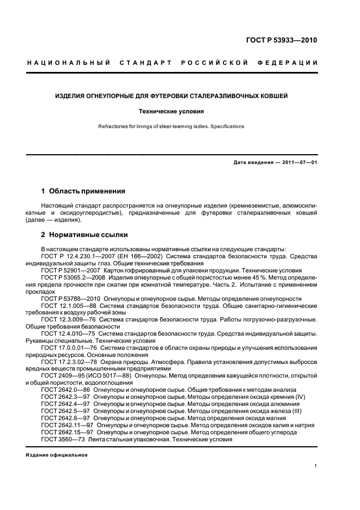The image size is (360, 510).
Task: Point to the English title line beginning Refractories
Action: point(172,126)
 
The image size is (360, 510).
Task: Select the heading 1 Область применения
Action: point(83,191)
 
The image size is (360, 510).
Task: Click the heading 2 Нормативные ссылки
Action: point(84,235)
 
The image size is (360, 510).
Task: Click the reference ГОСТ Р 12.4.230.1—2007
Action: point(78,256)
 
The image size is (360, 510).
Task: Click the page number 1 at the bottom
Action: point(316,466)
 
